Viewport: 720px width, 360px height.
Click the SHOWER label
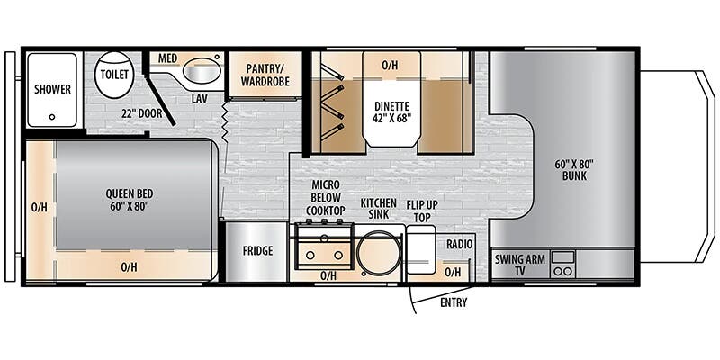(x=53, y=89)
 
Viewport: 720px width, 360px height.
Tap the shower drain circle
(x=52, y=117)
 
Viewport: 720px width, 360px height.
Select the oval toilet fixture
(x=114, y=74)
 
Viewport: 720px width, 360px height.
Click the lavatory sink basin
(x=201, y=71)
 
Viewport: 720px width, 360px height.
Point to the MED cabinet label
(x=166, y=58)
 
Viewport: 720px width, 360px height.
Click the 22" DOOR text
(x=142, y=113)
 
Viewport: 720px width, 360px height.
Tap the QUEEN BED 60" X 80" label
(x=130, y=200)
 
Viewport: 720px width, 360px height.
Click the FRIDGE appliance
(x=257, y=251)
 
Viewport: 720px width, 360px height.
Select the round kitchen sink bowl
(x=379, y=253)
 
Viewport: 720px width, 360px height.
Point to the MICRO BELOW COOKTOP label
(x=326, y=198)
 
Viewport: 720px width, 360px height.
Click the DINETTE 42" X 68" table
(x=391, y=99)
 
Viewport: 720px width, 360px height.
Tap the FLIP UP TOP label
(x=422, y=211)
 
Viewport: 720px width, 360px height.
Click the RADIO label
(x=459, y=245)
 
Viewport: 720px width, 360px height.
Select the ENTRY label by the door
(x=454, y=302)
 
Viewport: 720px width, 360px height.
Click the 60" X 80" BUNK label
(x=574, y=170)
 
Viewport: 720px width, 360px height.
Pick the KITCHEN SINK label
(x=378, y=209)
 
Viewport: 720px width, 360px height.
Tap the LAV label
(x=199, y=98)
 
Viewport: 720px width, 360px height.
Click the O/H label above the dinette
(x=390, y=66)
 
